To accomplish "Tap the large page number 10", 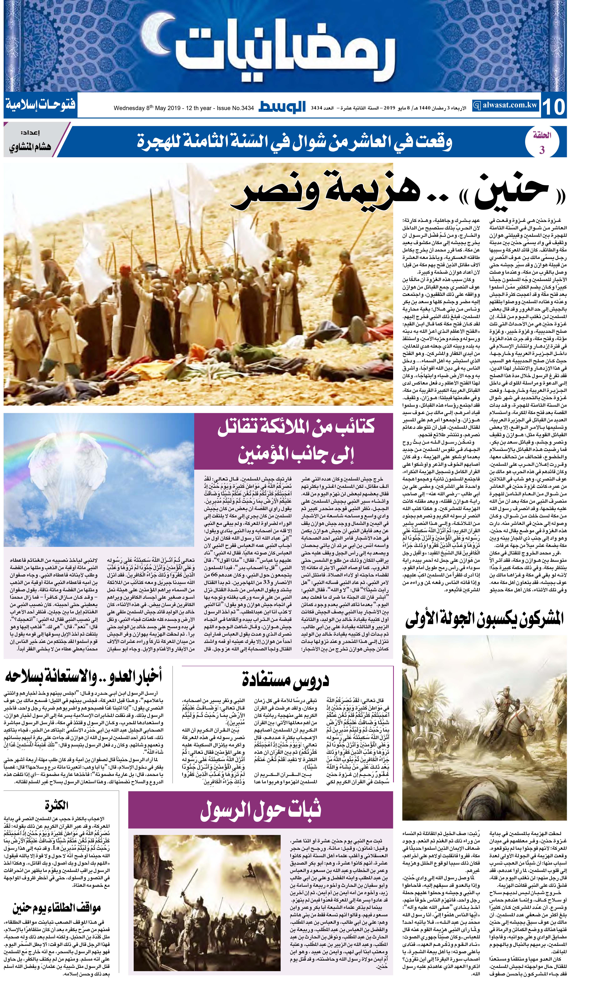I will [553, 106].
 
